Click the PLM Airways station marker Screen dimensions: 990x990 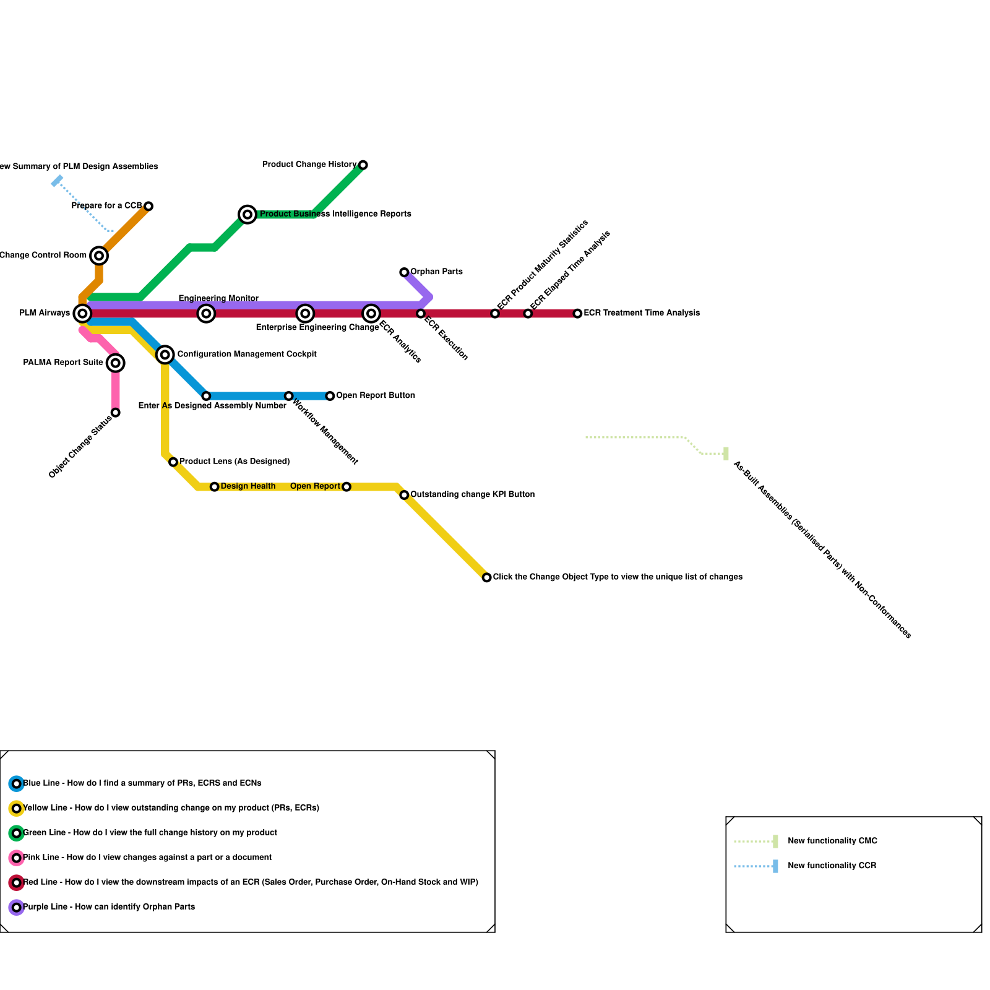point(82,314)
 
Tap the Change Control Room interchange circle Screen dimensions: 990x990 point(99,256)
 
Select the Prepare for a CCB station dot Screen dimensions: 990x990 point(148,206)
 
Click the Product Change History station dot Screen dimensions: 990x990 point(363,165)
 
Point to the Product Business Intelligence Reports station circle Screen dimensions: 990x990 point(247,215)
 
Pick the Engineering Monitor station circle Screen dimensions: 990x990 point(206,314)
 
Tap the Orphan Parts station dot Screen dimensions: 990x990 point(404,272)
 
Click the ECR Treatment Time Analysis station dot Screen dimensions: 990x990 point(577,314)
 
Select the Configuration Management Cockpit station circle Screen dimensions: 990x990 point(165,355)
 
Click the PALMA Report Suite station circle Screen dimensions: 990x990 point(116,363)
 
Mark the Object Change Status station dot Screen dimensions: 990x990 point(116,413)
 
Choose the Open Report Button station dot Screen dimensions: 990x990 point(330,396)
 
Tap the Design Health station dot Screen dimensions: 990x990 point(214,487)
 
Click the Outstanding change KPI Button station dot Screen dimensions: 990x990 point(404,495)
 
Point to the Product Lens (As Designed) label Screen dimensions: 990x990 point(235,462)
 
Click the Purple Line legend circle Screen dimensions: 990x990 point(17,908)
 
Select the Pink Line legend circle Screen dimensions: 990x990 point(17,858)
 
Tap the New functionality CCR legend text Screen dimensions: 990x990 point(832,866)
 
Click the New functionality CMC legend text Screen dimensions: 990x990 point(832,841)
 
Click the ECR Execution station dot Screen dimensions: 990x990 point(421,314)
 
